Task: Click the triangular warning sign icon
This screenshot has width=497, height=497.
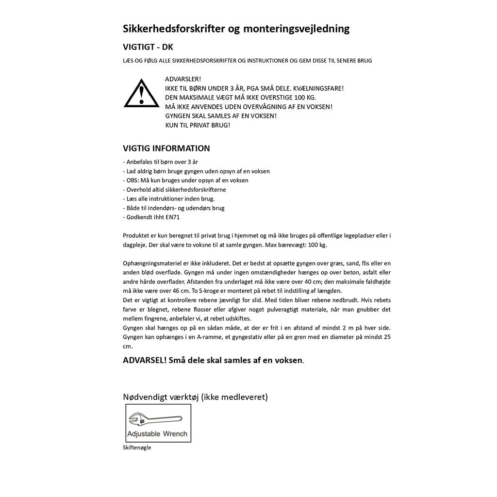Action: tap(141, 94)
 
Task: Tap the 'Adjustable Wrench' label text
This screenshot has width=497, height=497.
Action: tap(157, 434)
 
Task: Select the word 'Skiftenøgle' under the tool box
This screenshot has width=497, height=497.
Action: tap(137, 447)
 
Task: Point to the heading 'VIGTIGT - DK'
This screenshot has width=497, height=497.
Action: tap(148, 47)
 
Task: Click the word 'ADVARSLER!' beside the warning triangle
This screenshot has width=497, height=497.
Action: tap(183, 79)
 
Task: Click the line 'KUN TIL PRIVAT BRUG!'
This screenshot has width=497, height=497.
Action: tap(198, 125)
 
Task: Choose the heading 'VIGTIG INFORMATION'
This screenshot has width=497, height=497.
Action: tap(166, 149)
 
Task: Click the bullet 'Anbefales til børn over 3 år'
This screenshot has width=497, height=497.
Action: tap(160, 162)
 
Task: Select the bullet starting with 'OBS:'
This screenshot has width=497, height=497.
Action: tap(185, 181)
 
